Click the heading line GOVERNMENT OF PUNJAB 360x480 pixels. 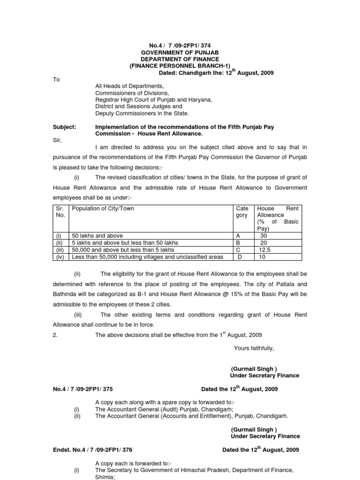click(x=180, y=52)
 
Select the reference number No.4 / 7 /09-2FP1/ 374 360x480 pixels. click(x=180, y=45)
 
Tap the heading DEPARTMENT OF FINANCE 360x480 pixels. click(x=180, y=59)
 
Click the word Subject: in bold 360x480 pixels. click(x=64, y=127)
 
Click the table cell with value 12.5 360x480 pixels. click(x=265, y=250)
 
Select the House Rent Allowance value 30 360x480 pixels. click(x=263, y=236)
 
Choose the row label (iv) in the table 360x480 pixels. click(x=60, y=257)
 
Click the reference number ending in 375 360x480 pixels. click(x=82, y=389)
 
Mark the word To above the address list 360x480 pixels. click(x=56, y=80)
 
